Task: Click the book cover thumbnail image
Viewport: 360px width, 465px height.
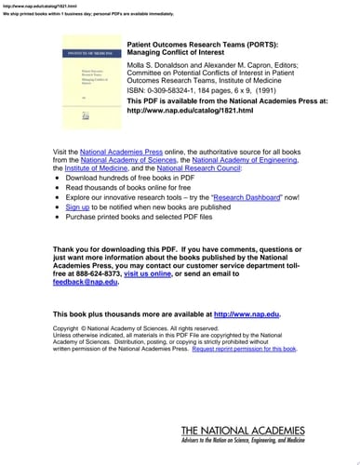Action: pyautogui.click(x=84, y=81)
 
